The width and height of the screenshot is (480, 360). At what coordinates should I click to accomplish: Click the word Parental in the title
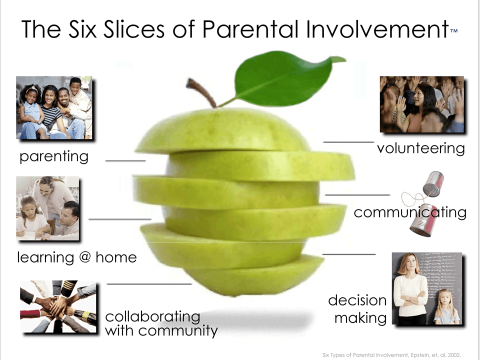(x=250, y=29)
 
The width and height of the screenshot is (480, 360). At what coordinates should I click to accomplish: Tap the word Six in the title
(x=82, y=29)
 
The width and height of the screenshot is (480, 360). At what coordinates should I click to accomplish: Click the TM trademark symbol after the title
(x=454, y=30)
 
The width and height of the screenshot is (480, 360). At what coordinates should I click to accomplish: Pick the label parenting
(x=54, y=156)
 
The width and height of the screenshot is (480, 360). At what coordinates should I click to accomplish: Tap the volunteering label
(x=421, y=148)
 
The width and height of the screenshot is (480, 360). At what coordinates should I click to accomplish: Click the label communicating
(x=410, y=212)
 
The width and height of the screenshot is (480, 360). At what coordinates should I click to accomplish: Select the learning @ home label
(x=77, y=257)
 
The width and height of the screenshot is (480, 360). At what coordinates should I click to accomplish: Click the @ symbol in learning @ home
(x=85, y=257)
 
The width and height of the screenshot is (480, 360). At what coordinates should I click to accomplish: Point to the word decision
(x=357, y=300)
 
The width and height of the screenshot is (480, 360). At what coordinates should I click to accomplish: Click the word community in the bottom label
(x=178, y=331)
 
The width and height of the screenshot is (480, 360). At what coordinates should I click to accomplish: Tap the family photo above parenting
(x=54, y=108)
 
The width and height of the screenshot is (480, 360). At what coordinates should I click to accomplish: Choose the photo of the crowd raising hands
(x=422, y=104)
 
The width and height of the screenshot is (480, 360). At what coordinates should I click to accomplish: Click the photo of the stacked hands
(x=58, y=306)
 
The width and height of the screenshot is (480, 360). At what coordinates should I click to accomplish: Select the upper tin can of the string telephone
(x=433, y=183)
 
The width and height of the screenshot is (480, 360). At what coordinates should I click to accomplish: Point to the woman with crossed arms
(x=410, y=288)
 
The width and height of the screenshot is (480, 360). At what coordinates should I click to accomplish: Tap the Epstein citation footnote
(x=391, y=355)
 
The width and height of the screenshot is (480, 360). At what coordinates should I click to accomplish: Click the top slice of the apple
(x=222, y=130)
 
